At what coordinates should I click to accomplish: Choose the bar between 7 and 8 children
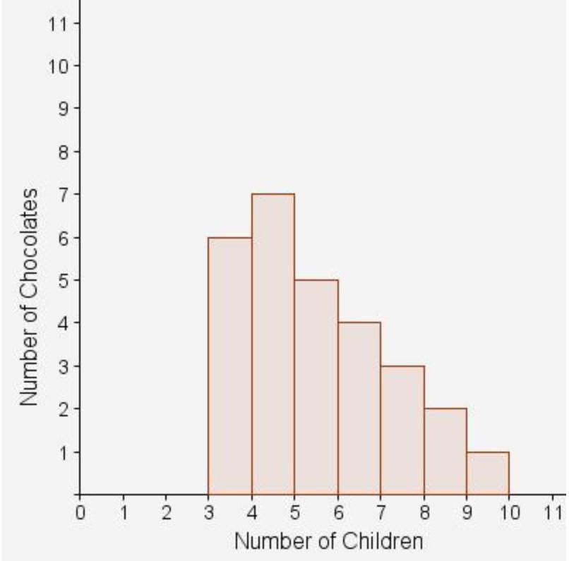click(x=402, y=430)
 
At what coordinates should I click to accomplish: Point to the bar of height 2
click(x=445, y=451)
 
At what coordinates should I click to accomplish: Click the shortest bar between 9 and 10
click(x=488, y=473)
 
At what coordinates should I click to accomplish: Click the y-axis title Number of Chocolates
click(x=29, y=296)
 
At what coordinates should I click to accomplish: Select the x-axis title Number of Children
click(x=329, y=541)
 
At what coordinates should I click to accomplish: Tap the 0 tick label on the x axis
click(x=80, y=512)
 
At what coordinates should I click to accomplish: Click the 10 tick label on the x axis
click(x=509, y=512)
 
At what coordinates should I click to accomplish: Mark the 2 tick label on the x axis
click(x=166, y=512)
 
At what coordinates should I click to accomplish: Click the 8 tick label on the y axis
click(x=62, y=152)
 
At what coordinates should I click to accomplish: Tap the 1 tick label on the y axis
click(x=62, y=452)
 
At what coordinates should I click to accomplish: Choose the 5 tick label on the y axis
click(x=62, y=280)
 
